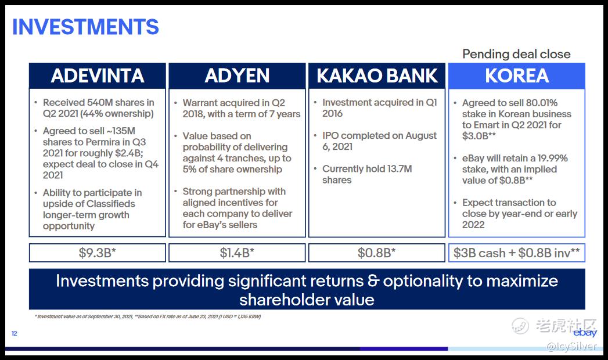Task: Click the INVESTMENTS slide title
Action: tap(85, 27)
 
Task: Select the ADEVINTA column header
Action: tap(98, 75)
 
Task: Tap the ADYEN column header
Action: tap(237, 75)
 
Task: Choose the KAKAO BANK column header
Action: tap(377, 75)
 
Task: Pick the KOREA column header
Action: tap(516, 75)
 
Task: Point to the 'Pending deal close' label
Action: tap(516, 54)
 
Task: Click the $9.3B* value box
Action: tap(98, 253)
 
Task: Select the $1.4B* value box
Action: tap(237, 253)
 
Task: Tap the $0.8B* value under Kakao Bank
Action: tap(377, 253)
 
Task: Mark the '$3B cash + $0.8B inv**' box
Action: tap(516, 253)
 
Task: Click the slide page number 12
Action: tap(15, 334)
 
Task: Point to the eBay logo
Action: tap(585, 333)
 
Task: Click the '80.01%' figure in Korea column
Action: tap(542, 103)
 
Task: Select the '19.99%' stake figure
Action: tap(553, 158)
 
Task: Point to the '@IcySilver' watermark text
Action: tap(571, 346)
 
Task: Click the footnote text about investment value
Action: tap(147, 316)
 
